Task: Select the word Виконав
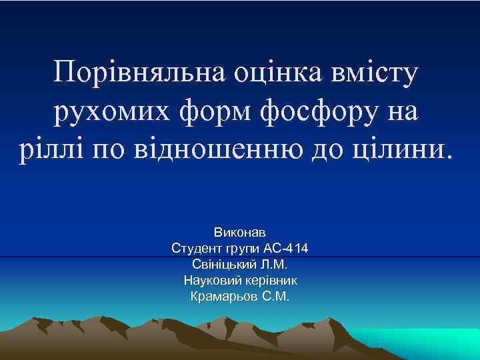click(240, 233)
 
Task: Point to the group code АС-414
click(286, 249)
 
